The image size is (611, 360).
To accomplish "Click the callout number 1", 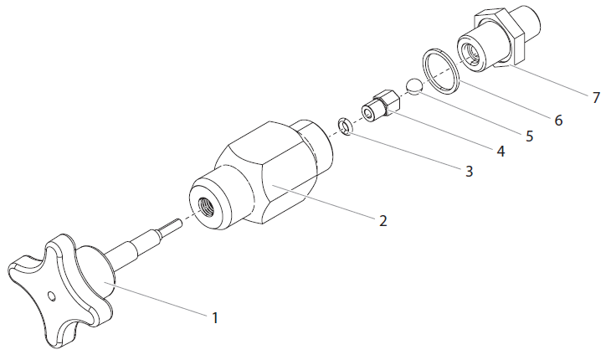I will pos(214,317).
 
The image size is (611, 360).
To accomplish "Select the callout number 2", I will pos(383,221).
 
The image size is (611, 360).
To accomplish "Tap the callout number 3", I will pos(469,172).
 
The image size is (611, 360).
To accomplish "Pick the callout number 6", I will pos(557,120).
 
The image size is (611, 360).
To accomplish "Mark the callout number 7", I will pos(596,97).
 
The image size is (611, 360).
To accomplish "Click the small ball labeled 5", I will pos(412,85).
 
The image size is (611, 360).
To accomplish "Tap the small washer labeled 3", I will pos(344,126).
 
